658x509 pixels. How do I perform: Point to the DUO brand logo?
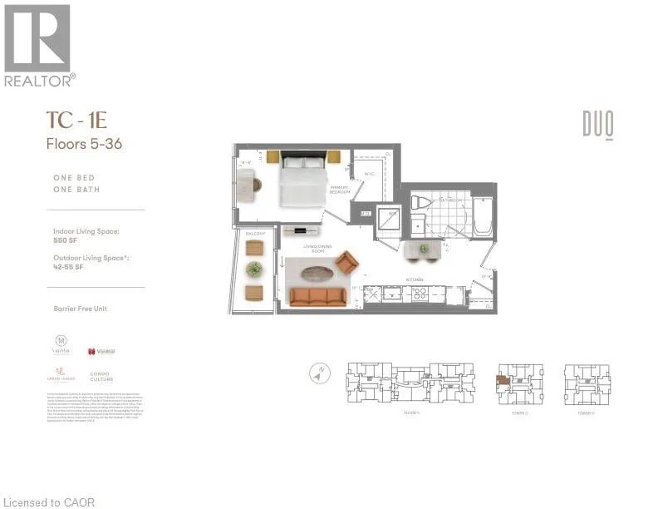click(x=597, y=126)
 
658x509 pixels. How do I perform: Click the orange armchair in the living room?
click(x=347, y=264)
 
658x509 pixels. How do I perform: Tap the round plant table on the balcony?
click(x=254, y=268)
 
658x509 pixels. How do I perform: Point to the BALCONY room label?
click(x=253, y=235)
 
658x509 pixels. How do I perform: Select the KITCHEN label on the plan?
click(x=415, y=279)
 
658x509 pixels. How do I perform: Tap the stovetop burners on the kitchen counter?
click(x=415, y=294)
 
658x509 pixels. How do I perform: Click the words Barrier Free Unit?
click(x=80, y=309)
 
